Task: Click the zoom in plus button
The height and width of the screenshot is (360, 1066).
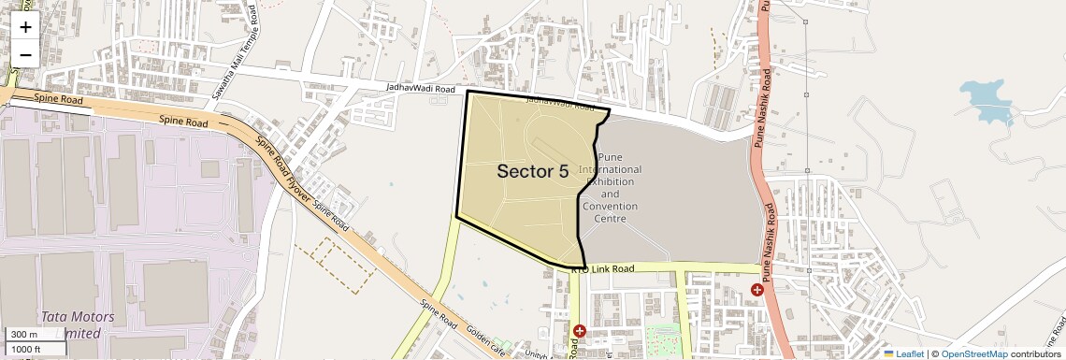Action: [x=25, y=27]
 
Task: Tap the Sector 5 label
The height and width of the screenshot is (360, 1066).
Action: [x=532, y=171]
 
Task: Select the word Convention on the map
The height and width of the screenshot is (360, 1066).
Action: [x=610, y=206]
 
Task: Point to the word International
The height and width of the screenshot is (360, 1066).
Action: [x=610, y=169]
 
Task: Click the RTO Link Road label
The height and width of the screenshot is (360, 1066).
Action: [x=602, y=269]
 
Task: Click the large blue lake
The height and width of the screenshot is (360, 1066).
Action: [x=988, y=98]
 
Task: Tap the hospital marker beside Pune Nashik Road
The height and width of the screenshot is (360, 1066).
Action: [x=756, y=291]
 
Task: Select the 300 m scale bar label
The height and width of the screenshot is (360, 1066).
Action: [x=25, y=335]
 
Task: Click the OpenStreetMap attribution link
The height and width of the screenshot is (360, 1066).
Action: [x=973, y=353]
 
